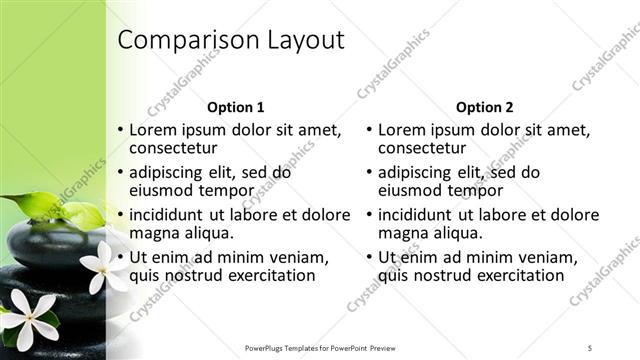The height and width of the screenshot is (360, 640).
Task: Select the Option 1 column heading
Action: [x=235, y=107]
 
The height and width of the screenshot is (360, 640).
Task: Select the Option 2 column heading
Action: [x=485, y=107]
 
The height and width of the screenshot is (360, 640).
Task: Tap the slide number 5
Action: [x=590, y=347]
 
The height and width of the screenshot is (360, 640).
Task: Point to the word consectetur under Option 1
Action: [x=173, y=149]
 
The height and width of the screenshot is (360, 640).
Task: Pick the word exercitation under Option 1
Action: [x=261, y=275]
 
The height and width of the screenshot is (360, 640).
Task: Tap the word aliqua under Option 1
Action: [x=207, y=233]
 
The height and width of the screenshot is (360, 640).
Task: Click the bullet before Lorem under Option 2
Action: [x=370, y=130]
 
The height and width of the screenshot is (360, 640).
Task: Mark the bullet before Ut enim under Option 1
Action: [x=120, y=257]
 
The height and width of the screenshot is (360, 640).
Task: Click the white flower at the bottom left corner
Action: [x=28, y=318]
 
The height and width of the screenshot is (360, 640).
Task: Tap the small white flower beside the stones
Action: [x=97, y=268]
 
